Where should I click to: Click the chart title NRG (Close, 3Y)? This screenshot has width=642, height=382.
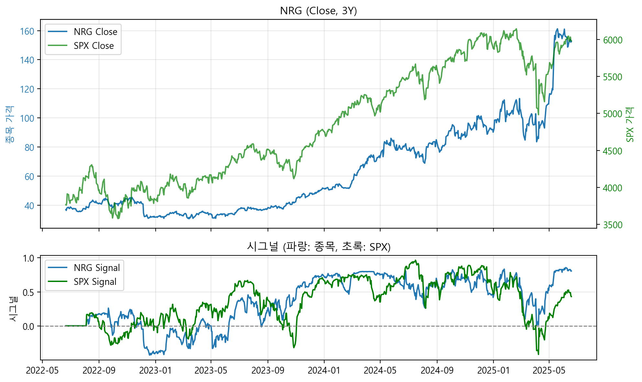[x=318, y=11]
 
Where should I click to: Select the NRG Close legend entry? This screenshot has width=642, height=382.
[x=95, y=32]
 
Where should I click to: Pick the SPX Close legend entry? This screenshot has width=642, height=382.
[x=94, y=46]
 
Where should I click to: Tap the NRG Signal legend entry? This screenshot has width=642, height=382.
[x=96, y=268]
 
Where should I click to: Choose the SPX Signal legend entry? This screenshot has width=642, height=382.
[x=95, y=282]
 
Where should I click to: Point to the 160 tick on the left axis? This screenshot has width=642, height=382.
[x=27, y=31]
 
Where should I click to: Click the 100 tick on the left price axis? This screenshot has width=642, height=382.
[x=27, y=118]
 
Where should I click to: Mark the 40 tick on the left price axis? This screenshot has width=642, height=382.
[x=29, y=206]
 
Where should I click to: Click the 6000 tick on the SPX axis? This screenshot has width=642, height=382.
[x=613, y=40]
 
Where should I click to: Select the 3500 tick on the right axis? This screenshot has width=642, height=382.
[x=613, y=225]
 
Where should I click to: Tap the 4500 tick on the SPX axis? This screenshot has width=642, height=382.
[x=613, y=151]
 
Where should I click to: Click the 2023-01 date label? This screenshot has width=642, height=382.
[x=155, y=370]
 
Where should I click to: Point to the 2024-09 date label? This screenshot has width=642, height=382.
[x=437, y=370]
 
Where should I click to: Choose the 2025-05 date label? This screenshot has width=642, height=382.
[x=549, y=370]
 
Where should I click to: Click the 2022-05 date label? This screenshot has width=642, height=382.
[x=42, y=370]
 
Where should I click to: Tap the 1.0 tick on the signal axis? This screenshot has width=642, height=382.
[x=28, y=258]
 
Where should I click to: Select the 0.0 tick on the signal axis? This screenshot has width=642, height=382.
[x=28, y=326]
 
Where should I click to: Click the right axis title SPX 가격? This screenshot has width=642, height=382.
[x=630, y=125]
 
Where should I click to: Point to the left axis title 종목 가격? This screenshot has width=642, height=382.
[x=10, y=125]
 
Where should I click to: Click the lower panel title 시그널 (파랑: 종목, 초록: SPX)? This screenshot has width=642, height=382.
[x=318, y=247]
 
